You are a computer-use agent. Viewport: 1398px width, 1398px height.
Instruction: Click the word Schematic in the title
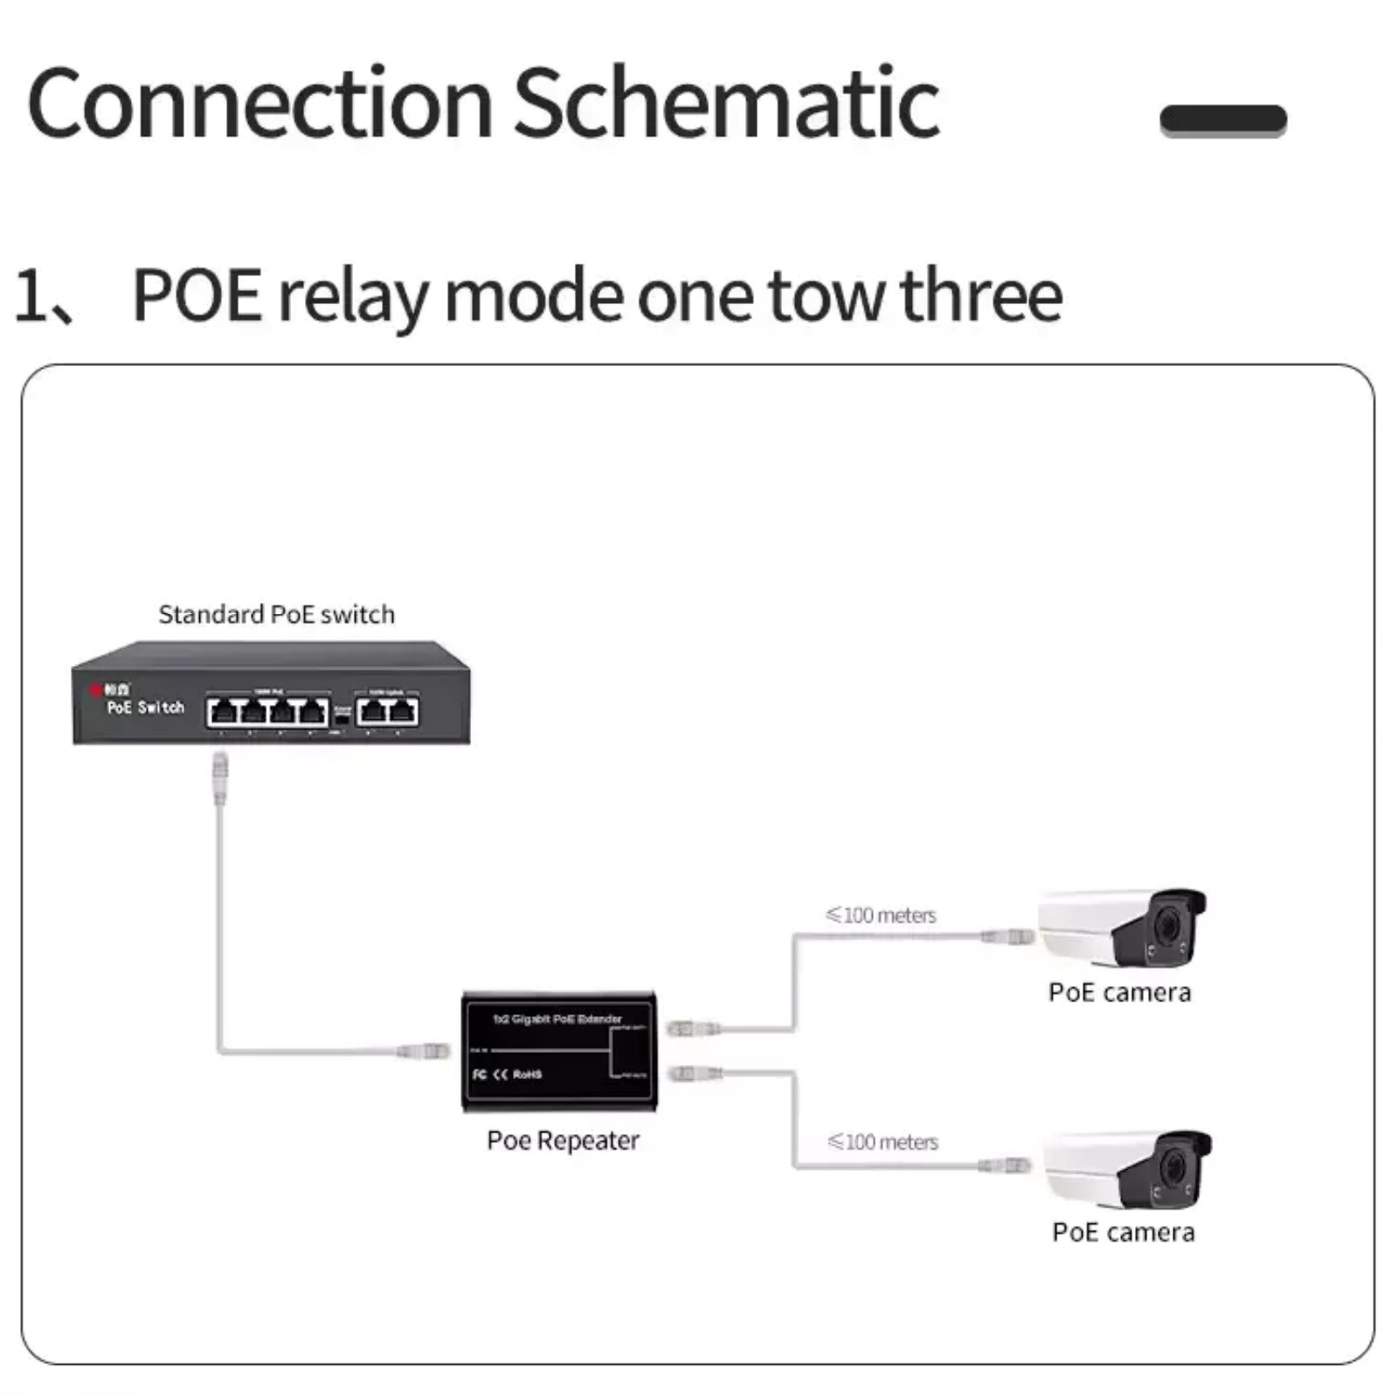725,103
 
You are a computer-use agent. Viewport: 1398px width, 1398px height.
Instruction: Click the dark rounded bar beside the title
1222,120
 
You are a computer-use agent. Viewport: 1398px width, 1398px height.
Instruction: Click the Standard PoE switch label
276,614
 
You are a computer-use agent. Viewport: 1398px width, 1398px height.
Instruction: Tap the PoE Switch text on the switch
145,707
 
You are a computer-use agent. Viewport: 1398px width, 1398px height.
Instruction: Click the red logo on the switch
96,690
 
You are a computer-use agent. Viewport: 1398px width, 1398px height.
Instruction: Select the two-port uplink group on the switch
387,711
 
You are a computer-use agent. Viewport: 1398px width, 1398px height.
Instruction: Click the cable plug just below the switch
220,778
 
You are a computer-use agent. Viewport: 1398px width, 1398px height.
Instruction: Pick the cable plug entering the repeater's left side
424,1050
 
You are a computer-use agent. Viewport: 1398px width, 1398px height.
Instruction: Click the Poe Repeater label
563,1140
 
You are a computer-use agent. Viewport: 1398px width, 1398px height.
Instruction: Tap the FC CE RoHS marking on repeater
507,1074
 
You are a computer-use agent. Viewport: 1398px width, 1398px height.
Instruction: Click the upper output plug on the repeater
694,1029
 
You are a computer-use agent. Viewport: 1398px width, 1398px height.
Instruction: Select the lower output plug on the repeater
695,1073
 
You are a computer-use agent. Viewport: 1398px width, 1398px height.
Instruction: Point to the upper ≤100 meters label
881,915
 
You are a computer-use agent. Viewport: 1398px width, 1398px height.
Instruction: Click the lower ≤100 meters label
882,1142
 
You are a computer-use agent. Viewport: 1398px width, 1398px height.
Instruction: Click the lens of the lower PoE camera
1173,1166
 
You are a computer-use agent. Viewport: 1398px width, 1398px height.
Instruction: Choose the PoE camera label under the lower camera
1123,1232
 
